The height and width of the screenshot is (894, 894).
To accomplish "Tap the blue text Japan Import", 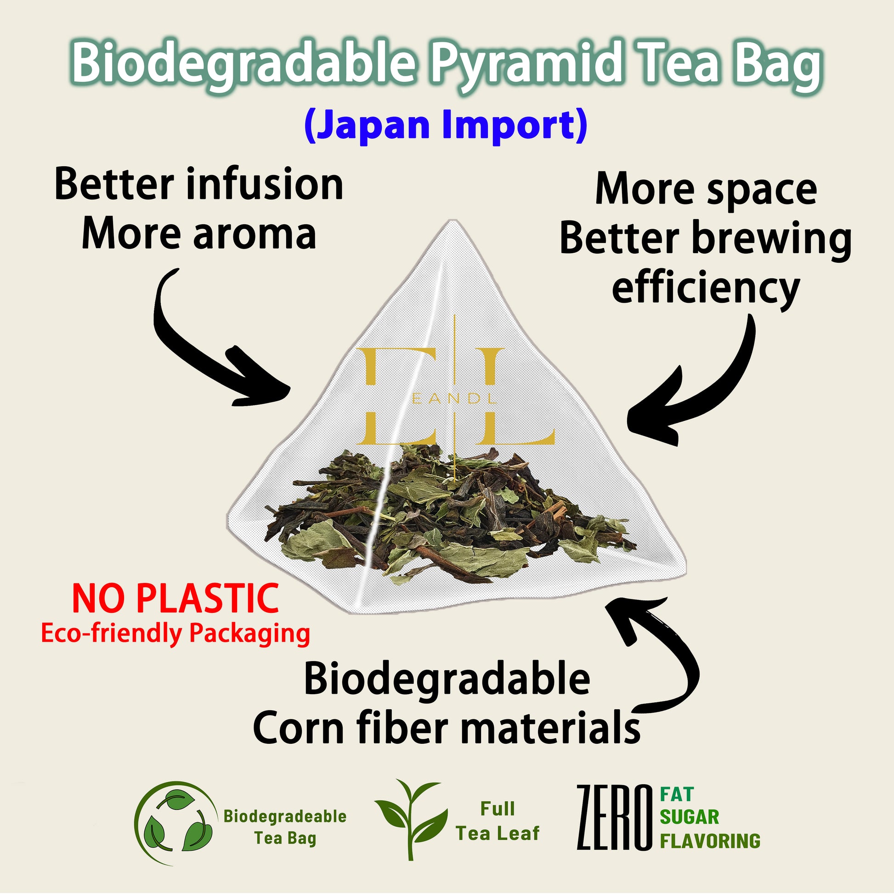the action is (x=446, y=126).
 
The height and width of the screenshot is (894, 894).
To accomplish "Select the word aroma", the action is (x=255, y=235).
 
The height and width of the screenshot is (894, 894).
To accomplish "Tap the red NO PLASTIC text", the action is (x=175, y=599).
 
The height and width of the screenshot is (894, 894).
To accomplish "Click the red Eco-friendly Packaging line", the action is (x=175, y=634).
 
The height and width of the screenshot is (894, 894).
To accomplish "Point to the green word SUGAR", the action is (x=690, y=817).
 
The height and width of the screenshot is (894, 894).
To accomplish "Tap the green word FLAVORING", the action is (x=710, y=841).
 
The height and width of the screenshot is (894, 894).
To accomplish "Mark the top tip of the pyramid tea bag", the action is (x=453, y=220).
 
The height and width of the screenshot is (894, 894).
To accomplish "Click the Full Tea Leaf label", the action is (x=498, y=821).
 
